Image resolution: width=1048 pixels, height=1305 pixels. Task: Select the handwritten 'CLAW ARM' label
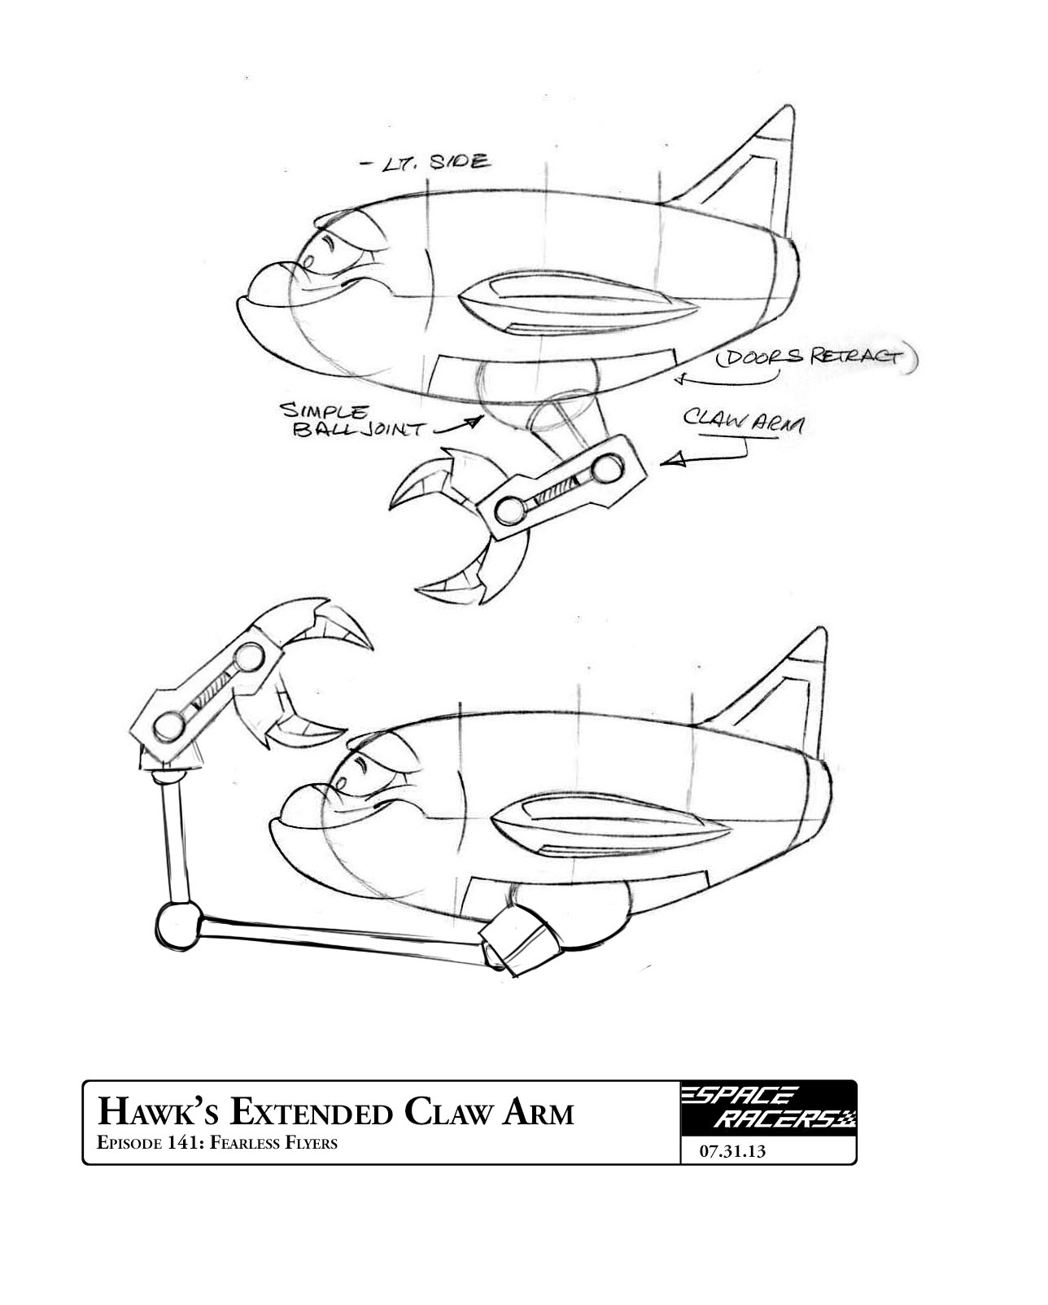(742, 421)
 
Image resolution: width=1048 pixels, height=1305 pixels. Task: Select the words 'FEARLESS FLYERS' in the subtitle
(273, 1143)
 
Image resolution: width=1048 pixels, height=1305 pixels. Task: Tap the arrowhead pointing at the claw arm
(669, 462)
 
